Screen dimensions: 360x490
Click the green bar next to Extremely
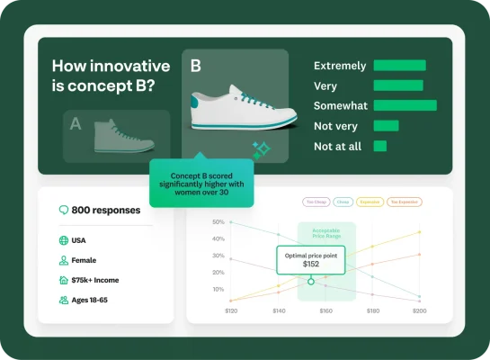point(399,66)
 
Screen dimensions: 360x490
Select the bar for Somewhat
point(405,105)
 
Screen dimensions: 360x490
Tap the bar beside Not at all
point(379,145)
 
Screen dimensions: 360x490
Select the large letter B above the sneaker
point(196,66)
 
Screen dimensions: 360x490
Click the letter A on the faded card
point(76,124)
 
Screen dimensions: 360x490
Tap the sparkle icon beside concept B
point(261,150)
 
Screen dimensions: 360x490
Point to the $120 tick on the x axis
point(231,310)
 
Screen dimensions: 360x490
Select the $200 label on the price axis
point(420,310)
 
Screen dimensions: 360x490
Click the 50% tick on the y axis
point(218,221)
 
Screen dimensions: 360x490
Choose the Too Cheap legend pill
point(316,202)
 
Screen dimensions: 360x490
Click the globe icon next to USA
point(63,240)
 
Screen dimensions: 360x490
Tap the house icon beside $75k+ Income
point(63,279)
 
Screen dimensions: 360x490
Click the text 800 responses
point(106,211)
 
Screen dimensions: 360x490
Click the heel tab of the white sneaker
point(193,100)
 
